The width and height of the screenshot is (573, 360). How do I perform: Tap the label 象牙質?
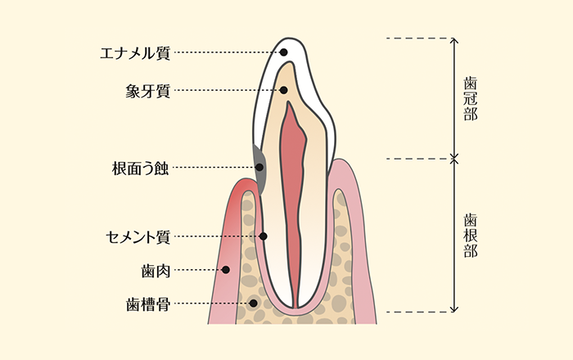tap(147, 91)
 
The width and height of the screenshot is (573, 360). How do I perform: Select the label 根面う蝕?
tap(140, 169)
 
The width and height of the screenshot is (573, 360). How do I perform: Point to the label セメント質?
tap(138, 237)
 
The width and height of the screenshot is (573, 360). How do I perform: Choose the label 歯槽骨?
tap(148, 304)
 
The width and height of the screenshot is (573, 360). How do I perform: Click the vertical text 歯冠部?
tap(470, 99)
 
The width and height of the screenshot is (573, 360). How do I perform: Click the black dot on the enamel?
tap(284, 52)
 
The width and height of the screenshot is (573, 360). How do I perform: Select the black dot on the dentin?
tap(284, 90)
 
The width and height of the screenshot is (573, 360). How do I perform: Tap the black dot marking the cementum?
tap(263, 236)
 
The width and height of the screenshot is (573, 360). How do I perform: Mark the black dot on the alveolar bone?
tap(254, 304)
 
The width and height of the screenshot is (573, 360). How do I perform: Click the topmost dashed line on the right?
tap(417, 38)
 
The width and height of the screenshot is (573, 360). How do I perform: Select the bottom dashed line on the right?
tap(417, 312)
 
